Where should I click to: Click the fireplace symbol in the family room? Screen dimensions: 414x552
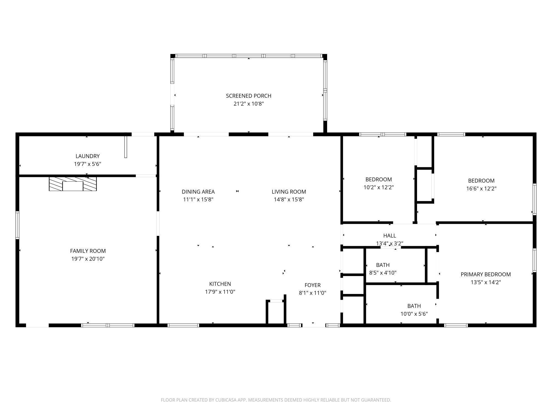click(73, 184)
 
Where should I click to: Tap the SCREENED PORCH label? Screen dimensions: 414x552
click(248, 96)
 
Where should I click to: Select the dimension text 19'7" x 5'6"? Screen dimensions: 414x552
click(87, 164)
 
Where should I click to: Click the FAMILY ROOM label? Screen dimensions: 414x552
click(88, 251)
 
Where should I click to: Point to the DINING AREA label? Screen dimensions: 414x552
click(198, 192)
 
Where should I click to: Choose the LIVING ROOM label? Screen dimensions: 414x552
click(289, 192)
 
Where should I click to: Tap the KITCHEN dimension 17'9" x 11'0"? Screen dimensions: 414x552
click(220, 292)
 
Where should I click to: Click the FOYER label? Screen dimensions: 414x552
click(312, 285)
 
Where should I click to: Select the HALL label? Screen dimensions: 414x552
click(389, 235)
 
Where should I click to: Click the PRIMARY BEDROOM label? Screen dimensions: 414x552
click(485, 274)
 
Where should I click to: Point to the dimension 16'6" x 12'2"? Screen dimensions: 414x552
click(481, 189)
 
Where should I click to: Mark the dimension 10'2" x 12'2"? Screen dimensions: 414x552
click(378, 187)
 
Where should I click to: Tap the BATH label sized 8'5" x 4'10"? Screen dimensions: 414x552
click(383, 265)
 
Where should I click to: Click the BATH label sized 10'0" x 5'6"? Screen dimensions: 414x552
click(414, 306)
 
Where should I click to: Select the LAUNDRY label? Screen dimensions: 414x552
click(87, 156)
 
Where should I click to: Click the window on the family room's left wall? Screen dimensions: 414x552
click(17, 225)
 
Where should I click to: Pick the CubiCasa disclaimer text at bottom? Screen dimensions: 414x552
click(276, 400)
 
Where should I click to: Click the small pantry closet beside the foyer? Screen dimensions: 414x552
click(276, 313)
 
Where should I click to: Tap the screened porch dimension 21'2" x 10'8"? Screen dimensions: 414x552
click(248, 104)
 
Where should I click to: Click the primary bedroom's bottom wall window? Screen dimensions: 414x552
click(456, 325)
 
